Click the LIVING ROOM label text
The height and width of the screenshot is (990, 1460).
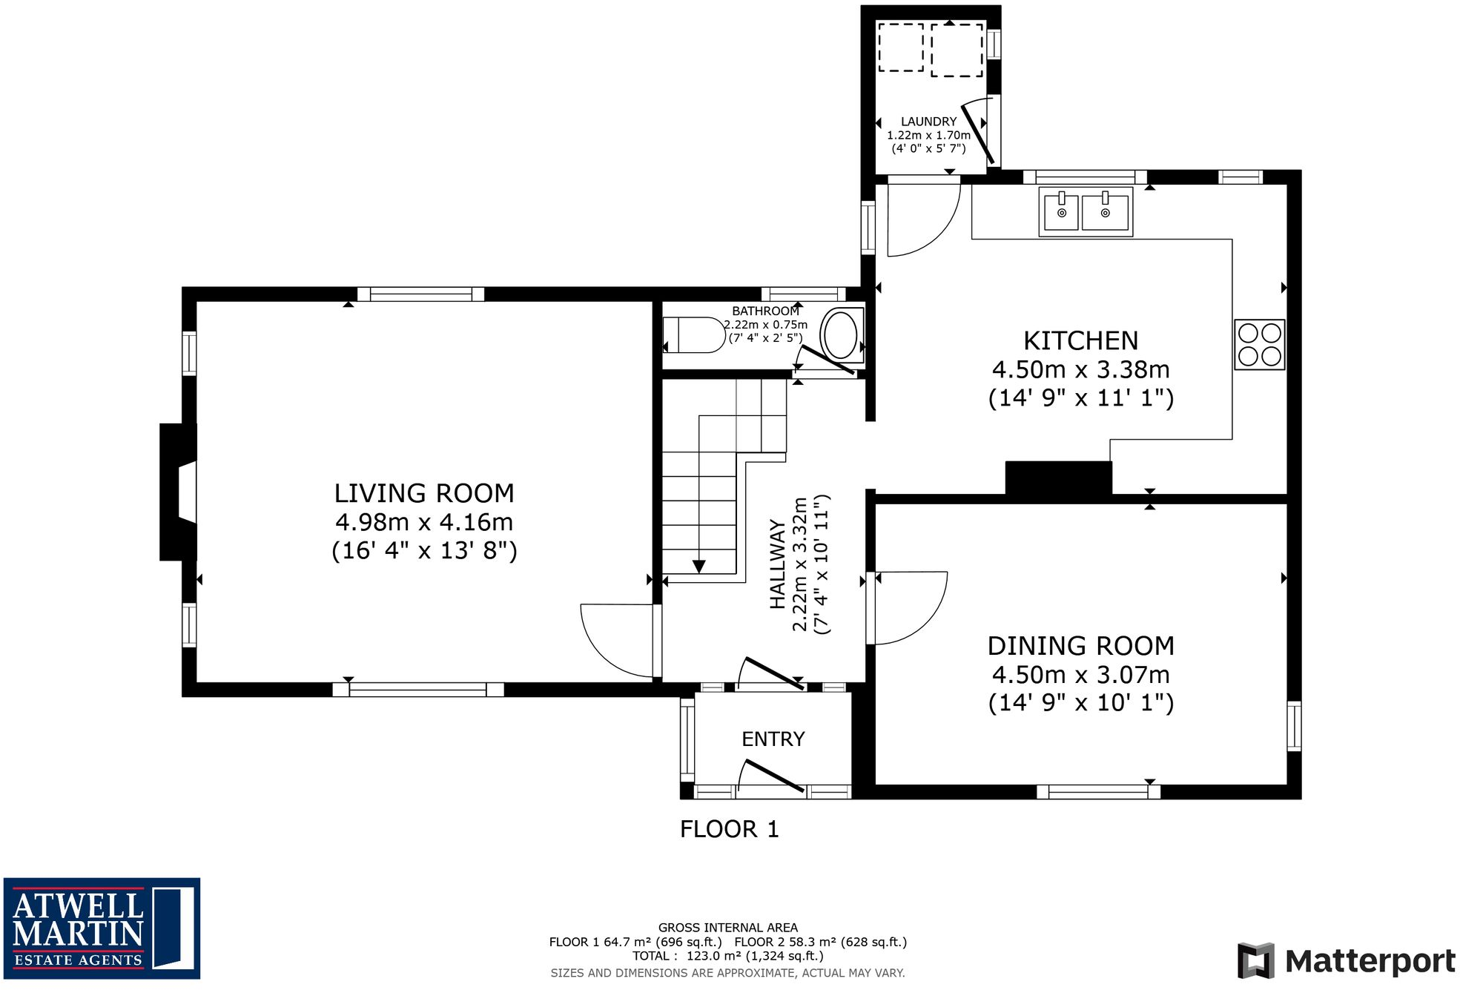point(423,493)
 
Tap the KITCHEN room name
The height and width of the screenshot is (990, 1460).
point(1080,340)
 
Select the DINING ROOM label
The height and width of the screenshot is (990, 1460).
point(1080,646)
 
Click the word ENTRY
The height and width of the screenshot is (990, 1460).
point(773,739)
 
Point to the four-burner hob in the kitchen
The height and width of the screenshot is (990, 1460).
point(1259,344)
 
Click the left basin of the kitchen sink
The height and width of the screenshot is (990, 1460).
point(1061,213)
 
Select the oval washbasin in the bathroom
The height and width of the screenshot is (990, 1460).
point(840,336)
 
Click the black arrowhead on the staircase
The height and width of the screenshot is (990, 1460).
point(698,567)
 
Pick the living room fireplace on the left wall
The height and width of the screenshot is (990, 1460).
point(178,492)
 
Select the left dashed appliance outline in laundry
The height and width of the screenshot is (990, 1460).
point(900,47)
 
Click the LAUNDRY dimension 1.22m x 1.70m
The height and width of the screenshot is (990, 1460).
point(928,135)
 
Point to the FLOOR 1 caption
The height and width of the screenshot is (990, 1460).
point(729,829)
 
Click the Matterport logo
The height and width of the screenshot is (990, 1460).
point(1345,961)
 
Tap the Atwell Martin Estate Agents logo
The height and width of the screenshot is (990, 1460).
point(102,928)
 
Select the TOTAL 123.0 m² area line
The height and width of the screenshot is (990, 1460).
point(727,956)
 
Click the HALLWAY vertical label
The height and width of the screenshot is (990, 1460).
point(777,564)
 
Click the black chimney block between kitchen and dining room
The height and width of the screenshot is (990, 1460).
point(1058,477)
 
